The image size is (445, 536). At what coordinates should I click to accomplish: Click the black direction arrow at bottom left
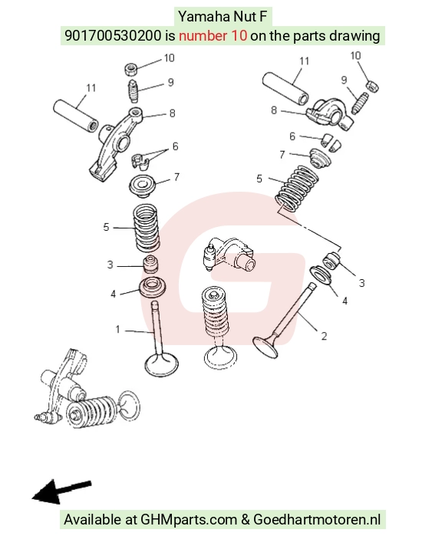click(61, 492)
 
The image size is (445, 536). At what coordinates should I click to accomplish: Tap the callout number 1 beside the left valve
click(117, 330)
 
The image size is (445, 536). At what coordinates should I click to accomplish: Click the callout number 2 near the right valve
click(324, 337)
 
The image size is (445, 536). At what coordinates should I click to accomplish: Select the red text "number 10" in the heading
click(213, 35)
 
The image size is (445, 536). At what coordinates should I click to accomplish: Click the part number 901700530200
click(113, 35)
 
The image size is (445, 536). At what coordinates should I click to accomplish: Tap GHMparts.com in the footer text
click(189, 519)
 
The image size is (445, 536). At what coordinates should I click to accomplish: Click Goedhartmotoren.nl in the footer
click(317, 519)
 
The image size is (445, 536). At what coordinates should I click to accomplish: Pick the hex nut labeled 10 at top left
click(131, 69)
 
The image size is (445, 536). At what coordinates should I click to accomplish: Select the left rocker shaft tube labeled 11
click(76, 116)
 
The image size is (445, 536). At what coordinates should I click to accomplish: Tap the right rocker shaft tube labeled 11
click(285, 88)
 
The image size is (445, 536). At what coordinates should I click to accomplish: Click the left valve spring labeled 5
click(146, 228)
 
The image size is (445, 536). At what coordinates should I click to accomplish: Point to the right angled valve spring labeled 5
click(297, 189)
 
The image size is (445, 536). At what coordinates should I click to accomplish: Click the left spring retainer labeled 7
click(142, 186)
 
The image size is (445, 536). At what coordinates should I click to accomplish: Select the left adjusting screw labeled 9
click(133, 90)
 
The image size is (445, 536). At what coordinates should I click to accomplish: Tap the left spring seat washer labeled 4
click(153, 287)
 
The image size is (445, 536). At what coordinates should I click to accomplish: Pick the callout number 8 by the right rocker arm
click(274, 110)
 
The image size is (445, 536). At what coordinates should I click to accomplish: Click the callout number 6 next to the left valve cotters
click(175, 146)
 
